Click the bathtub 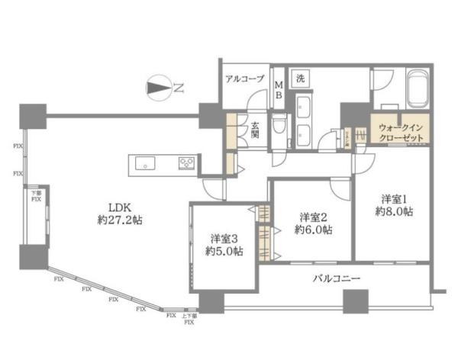point(418,88)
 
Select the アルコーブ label point(244,78)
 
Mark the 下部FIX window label point(36,196)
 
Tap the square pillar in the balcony point(354,301)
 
